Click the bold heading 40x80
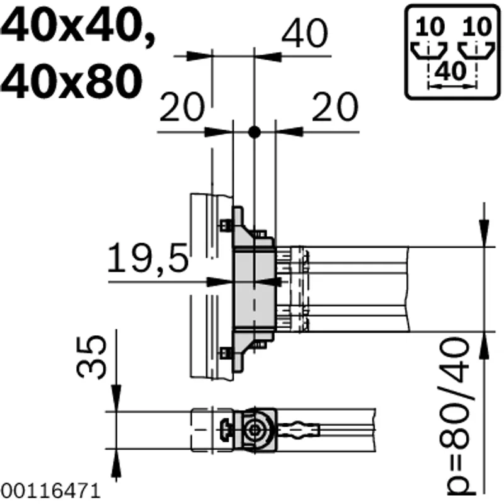tap(71, 81)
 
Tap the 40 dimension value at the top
tap(305, 33)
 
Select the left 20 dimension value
tap(181, 107)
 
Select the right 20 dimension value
tap(335, 106)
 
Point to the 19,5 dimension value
tap(147, 258)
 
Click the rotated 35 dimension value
tap(91, 356)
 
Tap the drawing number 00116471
tap(50, 491)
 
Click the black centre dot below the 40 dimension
tap(255, 132)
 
